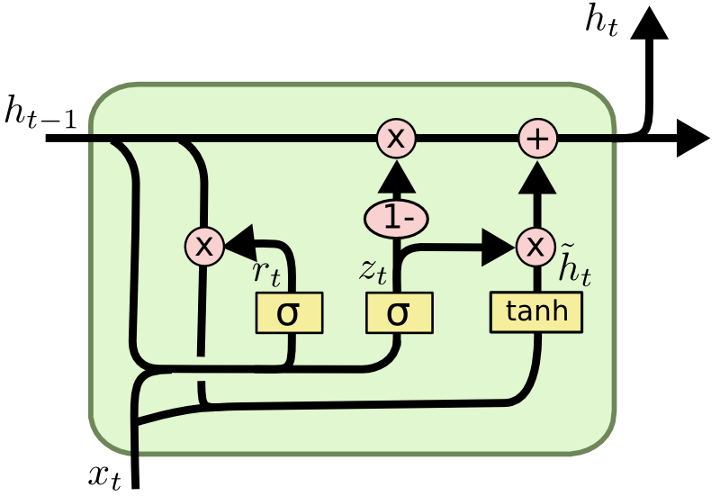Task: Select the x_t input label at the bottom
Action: pos(104,475)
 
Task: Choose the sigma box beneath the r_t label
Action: pos(288,312)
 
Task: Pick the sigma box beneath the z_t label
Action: pos(399,312)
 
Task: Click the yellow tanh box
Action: pos(536,311)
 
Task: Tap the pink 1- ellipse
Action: pos(395,218)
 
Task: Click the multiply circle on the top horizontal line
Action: pos(395,139)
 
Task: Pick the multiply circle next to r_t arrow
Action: pos(204,247)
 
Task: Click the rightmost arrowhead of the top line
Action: pos(692,140)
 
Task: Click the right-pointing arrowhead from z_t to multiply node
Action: pos(496,247)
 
